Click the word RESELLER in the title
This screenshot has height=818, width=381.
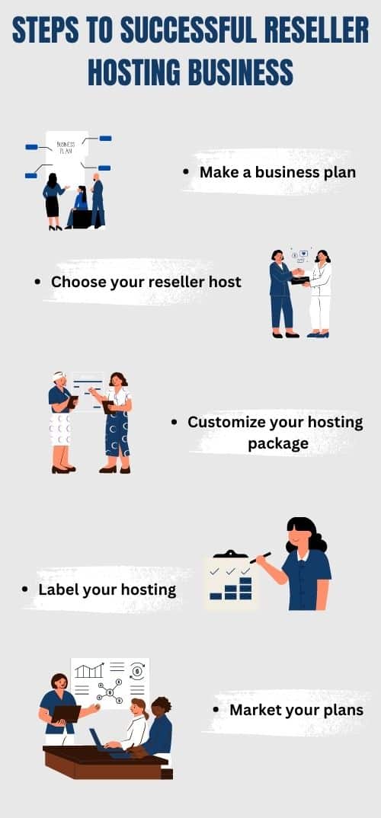[x=317, y=30]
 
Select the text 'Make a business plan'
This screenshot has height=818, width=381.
[x=277, y=172]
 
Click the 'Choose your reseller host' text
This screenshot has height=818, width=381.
[x=146, y=283]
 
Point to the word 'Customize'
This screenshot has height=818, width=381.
[x=226, y=422]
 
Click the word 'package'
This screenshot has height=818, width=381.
[x=278, y=444]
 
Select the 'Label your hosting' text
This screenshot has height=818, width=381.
[x=107, y=590]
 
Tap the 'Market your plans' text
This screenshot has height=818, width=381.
[x=296, y=710]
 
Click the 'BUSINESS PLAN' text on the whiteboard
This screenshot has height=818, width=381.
[x=66, y=147]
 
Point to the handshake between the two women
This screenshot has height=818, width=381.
[x=298, y=273]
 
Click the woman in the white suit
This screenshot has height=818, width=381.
[x=319, y=293]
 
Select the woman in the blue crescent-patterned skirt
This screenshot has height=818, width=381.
[x=116, y=423]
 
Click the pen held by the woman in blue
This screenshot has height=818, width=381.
[x=260, y=558]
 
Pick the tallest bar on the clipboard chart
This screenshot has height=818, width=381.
[x=245, y=588]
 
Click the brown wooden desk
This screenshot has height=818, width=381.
[x=107, y=762]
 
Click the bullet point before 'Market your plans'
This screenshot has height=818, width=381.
[x=216, y=710]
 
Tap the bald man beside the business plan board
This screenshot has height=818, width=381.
[x=97, y=201]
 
